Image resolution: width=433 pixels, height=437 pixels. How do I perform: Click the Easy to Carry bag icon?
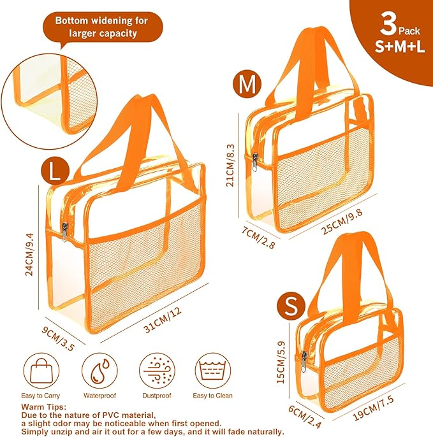click(x=41, y=371)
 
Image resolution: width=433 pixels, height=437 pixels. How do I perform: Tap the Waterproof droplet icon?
click(x=98, y=371)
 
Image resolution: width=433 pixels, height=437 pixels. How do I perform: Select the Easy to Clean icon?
click(x=213, y=371)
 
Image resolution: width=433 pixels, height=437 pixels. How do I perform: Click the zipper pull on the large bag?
click(x=65, y=233)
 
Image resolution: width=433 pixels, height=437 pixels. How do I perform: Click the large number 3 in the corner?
click(x=387, y=26)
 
